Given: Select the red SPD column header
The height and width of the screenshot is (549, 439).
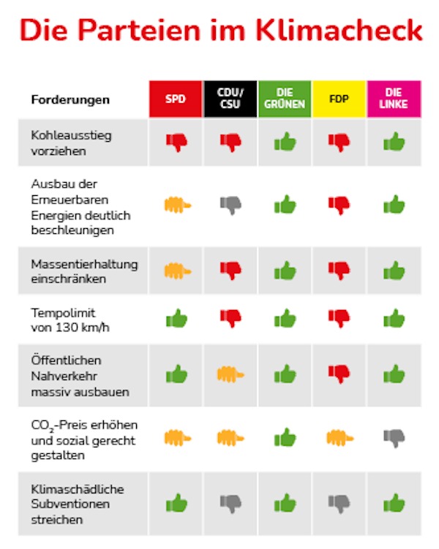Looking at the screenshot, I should pyautogui.click(x=176, y=99).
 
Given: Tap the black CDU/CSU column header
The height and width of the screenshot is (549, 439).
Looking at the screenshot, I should pyautogui.click(x=230, y=99).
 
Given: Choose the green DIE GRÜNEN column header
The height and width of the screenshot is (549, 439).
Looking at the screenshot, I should pyautogui.click(x=285, y=99).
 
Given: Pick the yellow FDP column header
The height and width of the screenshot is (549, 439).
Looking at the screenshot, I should pyautogui.click(x=339, y=99).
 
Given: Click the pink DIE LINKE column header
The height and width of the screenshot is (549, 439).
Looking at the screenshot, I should pyautogui.click(x=394, y=99).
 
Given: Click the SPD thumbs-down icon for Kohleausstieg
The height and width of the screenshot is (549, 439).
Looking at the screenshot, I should pyautogui.click(x=176, y=142).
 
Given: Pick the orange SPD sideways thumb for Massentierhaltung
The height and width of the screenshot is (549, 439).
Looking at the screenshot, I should pyautogui.click(x=177, y=270).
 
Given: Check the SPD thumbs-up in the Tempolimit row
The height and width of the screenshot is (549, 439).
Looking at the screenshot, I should pyautogui.click(x=176, y=318).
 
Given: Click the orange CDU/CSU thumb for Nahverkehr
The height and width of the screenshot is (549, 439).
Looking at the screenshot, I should pyautogui.click(x=230, y=375).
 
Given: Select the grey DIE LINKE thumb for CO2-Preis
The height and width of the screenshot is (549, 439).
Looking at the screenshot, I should pyautogui.click(x=394, y=438).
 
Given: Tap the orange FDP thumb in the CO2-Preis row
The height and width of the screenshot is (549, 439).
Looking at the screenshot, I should pyautogui.click(x=340, y=438).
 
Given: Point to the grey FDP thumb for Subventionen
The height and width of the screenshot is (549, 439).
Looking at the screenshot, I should pyautogui.click(x=339, y=503).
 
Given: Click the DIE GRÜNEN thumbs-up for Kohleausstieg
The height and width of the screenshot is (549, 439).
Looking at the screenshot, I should pyautogui.click(x=285, y=142).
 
